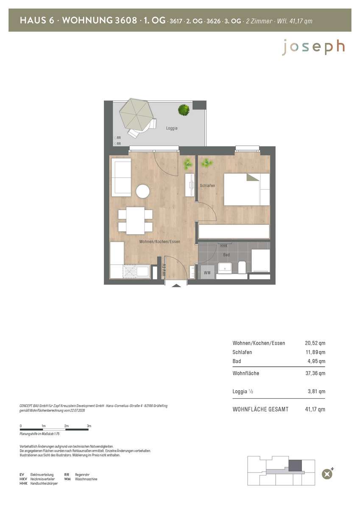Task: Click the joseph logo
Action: [x=313, y=47]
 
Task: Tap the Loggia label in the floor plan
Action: [x=172, y=128]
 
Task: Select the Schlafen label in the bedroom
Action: [x=207, y=185]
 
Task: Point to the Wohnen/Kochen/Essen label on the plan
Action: [x=159, y=241]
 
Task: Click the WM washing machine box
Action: [x=207, y=272]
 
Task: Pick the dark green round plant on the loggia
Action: [x=184, y=110]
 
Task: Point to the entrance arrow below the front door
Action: [x=176, y=285]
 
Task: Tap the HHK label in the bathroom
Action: [x=224, y=246]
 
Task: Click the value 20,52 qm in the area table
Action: [x=315, y=343]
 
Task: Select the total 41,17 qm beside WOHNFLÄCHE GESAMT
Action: [x=315, y=409]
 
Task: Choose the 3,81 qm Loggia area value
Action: [x=316, y=391]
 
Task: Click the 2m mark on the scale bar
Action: [x=66, y=426]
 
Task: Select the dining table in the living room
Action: [x=135, y=221]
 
